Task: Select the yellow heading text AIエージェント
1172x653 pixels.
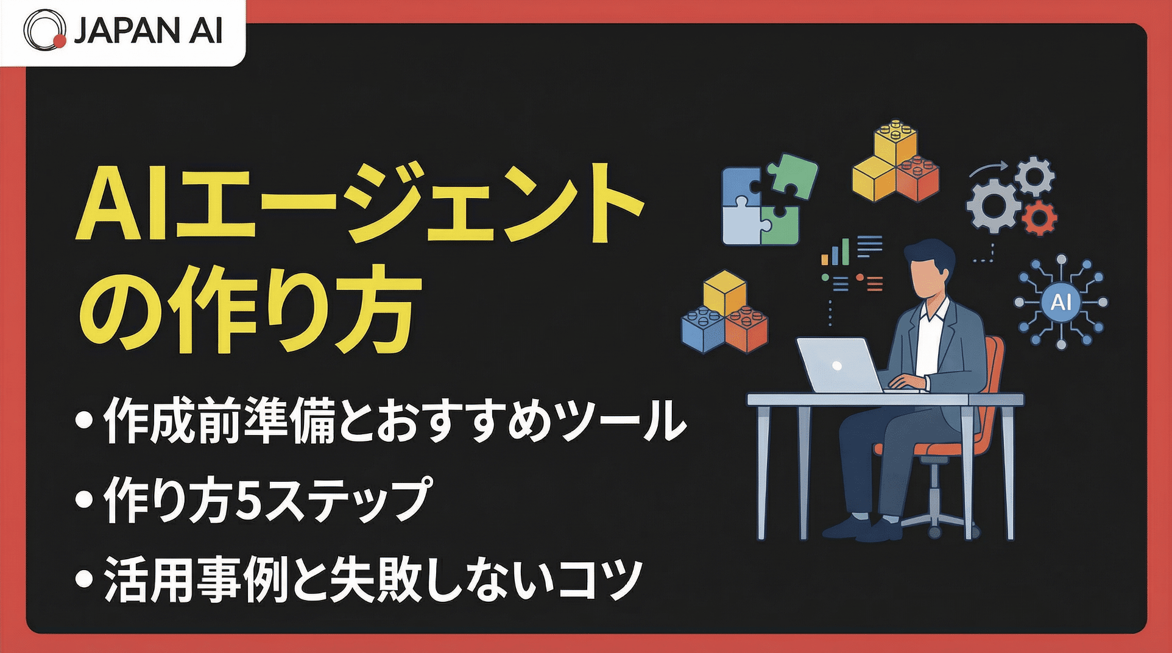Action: (359, 204)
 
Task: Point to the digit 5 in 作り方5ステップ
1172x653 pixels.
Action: (247, 500)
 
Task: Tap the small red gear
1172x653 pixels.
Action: (1039, 217)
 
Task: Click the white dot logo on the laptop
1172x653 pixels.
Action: (837, 365)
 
